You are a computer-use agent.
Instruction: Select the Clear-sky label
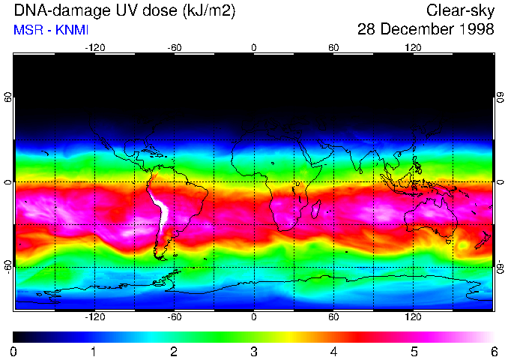pyautogui.click(x=460, y=10)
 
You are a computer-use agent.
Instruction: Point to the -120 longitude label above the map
pyautogui.click(x=94, y=48)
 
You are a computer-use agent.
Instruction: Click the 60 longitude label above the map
pyautogui.click(x=333, y=48)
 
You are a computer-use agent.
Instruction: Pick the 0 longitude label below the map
pyautogui.click(x=254, y=316)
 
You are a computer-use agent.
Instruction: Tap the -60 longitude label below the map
pyautogui.click(x=174, y=316)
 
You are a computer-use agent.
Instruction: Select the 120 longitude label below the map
pyautogui.click(x=414, y=316)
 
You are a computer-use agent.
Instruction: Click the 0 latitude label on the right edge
pyautogui.click(x=500, y=182)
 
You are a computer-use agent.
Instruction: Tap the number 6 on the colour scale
pyautogui.click(x=493, y=351)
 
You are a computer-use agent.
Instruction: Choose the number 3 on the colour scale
pyautogui.click(x=254, y=351)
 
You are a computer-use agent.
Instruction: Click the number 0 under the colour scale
pyautogui.click(x=14, y=351)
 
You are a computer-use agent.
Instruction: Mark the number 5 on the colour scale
pyautogui.click(x=414, y=351)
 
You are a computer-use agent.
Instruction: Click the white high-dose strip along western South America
pyautogui.click(x=160, y=214)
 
